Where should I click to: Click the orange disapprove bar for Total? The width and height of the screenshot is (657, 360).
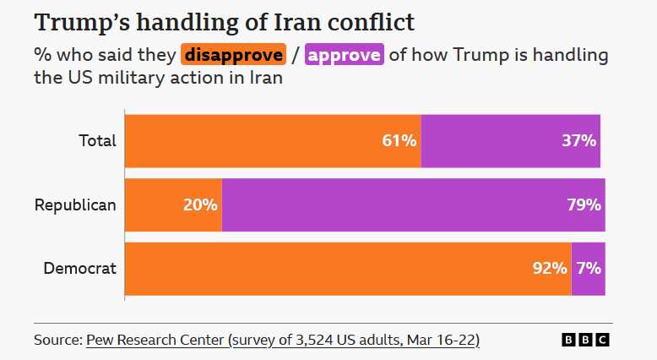(272, 141)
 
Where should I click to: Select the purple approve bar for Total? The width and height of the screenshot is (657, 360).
(510, 141)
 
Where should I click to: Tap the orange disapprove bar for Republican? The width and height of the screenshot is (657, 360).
(173, 205)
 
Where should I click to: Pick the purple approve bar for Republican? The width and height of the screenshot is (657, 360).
(413, 205)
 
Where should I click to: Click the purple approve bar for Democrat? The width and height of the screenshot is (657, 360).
(588, 269)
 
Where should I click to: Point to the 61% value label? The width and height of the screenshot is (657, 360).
(399, 141)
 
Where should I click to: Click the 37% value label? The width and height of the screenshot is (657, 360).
(579, 141)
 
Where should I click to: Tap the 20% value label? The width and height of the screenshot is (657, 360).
(200, 205)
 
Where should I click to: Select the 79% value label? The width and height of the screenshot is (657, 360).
(584, 205)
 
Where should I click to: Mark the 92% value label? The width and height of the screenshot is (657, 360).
(550, 269)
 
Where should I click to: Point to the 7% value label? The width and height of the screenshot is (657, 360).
(589, 269)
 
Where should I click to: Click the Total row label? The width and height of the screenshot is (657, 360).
(97, 141)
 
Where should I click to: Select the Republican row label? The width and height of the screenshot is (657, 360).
(75, 205)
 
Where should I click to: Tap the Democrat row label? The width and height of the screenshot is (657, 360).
(80, 269)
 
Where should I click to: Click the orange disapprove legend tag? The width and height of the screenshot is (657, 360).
(233, 56)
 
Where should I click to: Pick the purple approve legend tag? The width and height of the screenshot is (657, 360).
(345, 56)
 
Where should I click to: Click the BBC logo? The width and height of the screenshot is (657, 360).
(585, 340)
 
